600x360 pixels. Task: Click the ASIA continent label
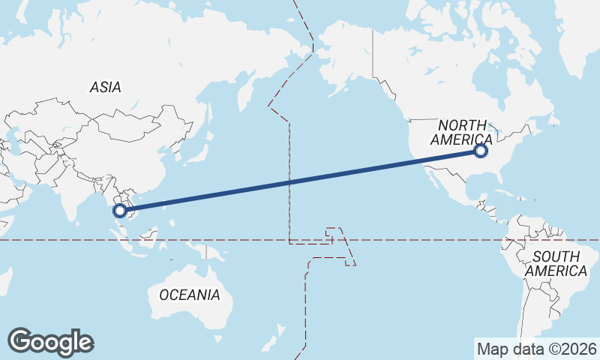click(105, 87)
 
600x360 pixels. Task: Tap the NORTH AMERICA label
click(461, 133)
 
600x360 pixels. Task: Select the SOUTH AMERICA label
click(555, 264)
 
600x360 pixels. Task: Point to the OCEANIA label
click(190, 295)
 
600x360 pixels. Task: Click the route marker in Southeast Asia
click(120, 210)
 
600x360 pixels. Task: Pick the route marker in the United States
click(481, 151)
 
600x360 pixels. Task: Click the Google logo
click(50, 342)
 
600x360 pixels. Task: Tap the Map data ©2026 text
click(536, 349)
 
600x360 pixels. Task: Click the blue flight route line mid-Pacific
click(300, 181)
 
